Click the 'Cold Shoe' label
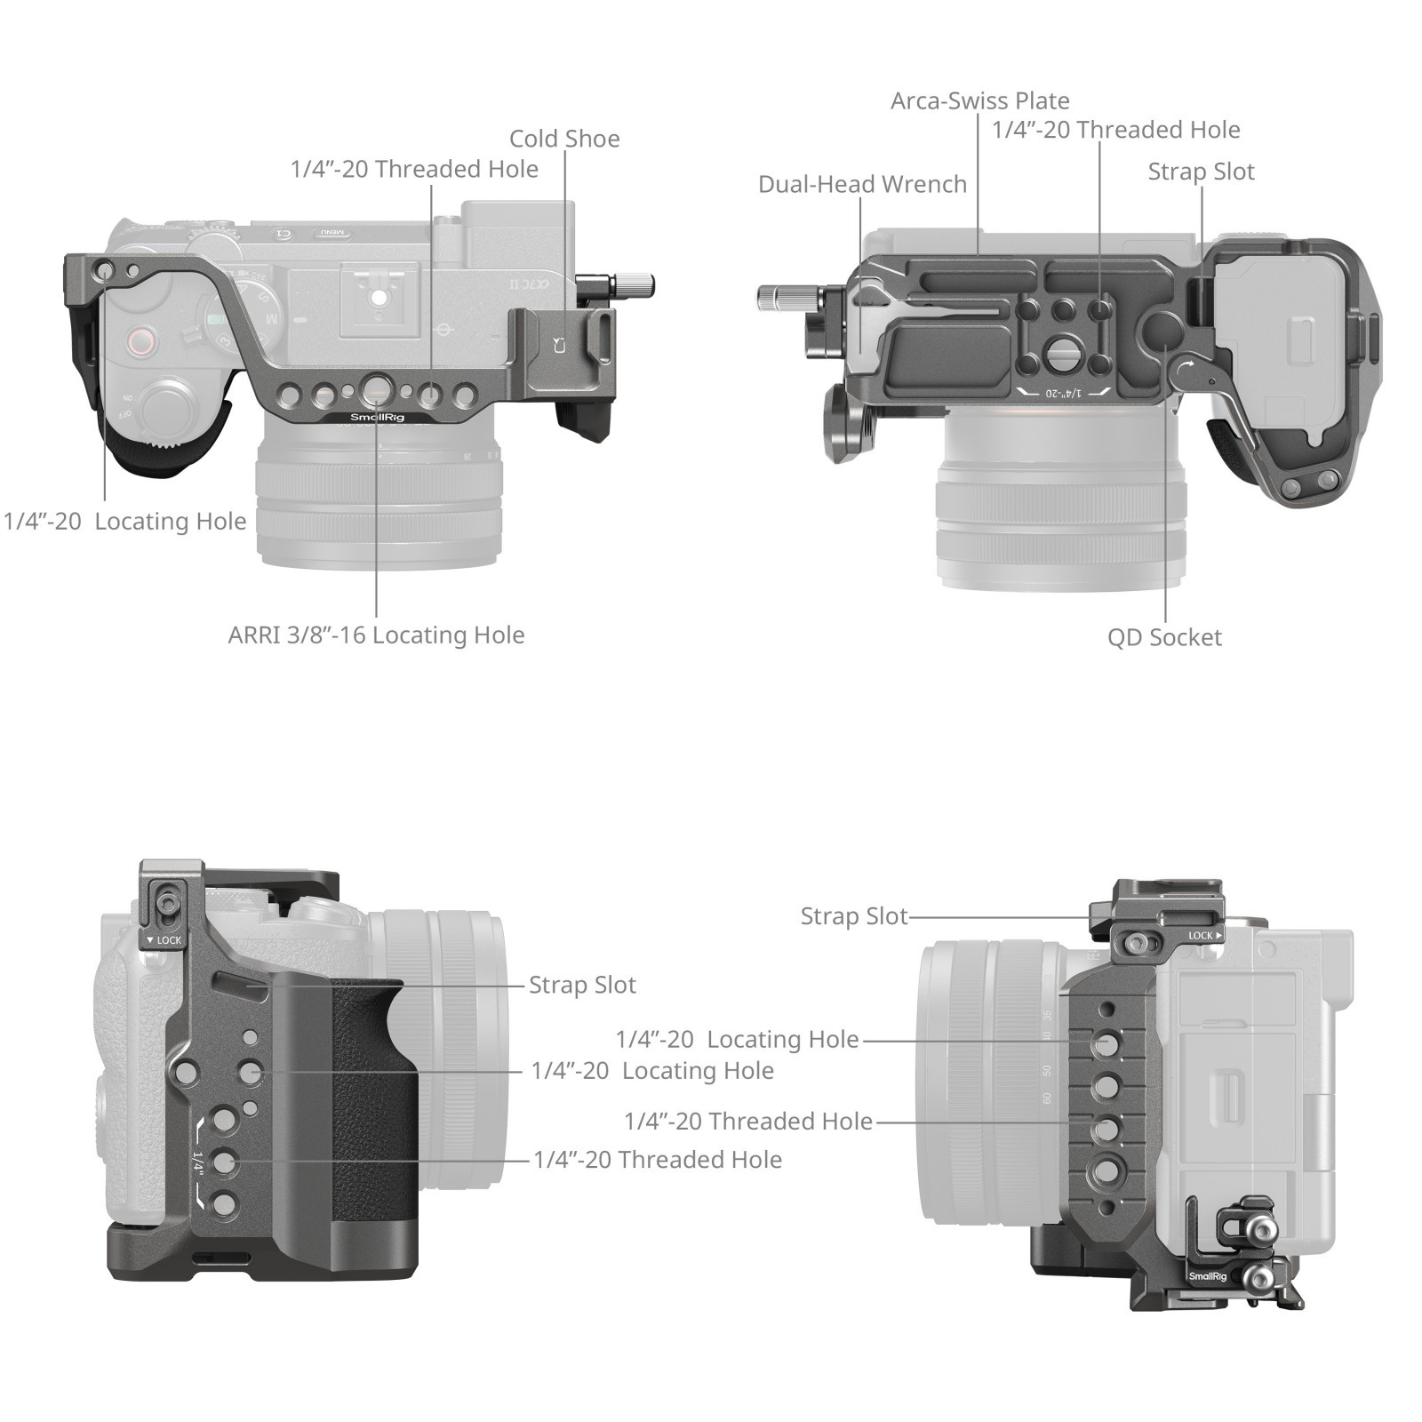[564, 139]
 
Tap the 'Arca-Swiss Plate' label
[980, 100]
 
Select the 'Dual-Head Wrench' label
[862, 184]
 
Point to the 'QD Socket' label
[1164, 637]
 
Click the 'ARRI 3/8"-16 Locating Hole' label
[376, 635]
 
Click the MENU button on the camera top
[332, 234]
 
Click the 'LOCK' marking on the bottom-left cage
[164, 939]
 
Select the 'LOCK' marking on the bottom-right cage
[1205, 935]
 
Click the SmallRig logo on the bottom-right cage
[1208, 1276]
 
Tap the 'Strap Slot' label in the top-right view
[1201, 172]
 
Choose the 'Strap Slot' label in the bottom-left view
[582, 985]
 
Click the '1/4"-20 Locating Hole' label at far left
[125, 521]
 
